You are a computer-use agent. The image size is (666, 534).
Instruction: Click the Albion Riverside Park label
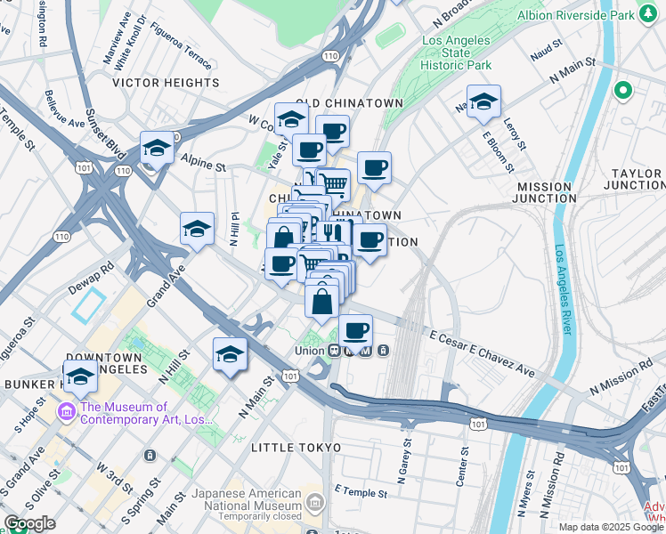pyautogui.click(x=576, y=15)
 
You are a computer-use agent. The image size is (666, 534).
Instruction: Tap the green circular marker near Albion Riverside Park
pyautogui.click(x=623, y=90)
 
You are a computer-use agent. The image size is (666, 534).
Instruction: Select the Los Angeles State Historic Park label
pyautogui.click(x=456, y=53)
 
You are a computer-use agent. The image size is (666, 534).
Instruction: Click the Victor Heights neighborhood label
pyautogui.click(x=166, y=83)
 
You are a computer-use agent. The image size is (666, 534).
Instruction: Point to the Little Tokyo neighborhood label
pyautogui.click(x=296, y=447)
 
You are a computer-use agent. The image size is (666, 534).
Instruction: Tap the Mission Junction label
pyautogui.click(x=546, y=192)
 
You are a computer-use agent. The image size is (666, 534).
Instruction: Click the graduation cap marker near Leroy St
pyautogui.click(x=483, y=101)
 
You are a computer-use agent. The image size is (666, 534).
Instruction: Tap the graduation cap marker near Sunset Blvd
pyautogui.click(x=157, y=149)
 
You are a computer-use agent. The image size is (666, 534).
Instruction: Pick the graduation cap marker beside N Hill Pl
pyautogui.click(x=197, y=230)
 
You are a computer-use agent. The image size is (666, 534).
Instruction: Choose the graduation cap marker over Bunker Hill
pyautogui.click(x=81, y=376)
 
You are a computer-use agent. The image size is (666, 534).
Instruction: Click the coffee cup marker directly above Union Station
pyautogui.click(x=356, y=330)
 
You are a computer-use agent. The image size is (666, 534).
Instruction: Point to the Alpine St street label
pyautogui.click(x=203, y=161)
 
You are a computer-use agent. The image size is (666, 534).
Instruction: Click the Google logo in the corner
pyautogui.click(x=29, y=523)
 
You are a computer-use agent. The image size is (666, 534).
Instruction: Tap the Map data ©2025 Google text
pyautogui.click(x=611, y=527)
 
